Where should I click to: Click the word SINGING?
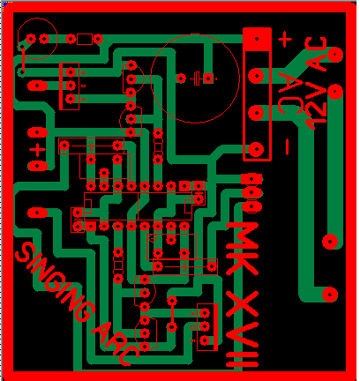[x=56, y=281]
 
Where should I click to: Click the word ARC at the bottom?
[x=116, y=343]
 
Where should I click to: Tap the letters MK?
[x=243, y=249]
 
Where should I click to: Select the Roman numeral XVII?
[x=243, y=329]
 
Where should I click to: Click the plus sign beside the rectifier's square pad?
[x=285, y=39]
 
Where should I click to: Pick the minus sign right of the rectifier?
[x=288, y=146]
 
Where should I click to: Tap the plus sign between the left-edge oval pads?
[x=37, y=150]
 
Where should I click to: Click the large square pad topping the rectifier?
[x=257, y=39]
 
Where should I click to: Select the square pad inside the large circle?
[x=208, y=78]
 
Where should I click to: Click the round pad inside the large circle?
[x=181, y=78]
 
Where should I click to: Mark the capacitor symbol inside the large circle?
[x=196, y=78]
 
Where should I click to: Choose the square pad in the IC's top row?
[x=184, y=186]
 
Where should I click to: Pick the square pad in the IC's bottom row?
[x=91, y=227]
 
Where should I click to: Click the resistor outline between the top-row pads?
[x=85, y=39]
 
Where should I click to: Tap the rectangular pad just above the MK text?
[x=251, y=178]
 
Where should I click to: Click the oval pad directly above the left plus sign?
[x=37, y=132]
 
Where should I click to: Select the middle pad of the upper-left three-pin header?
[x=71, y=86]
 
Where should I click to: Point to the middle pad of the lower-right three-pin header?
[x=205, y=326]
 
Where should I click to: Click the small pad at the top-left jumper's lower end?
[x=22, y=71]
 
